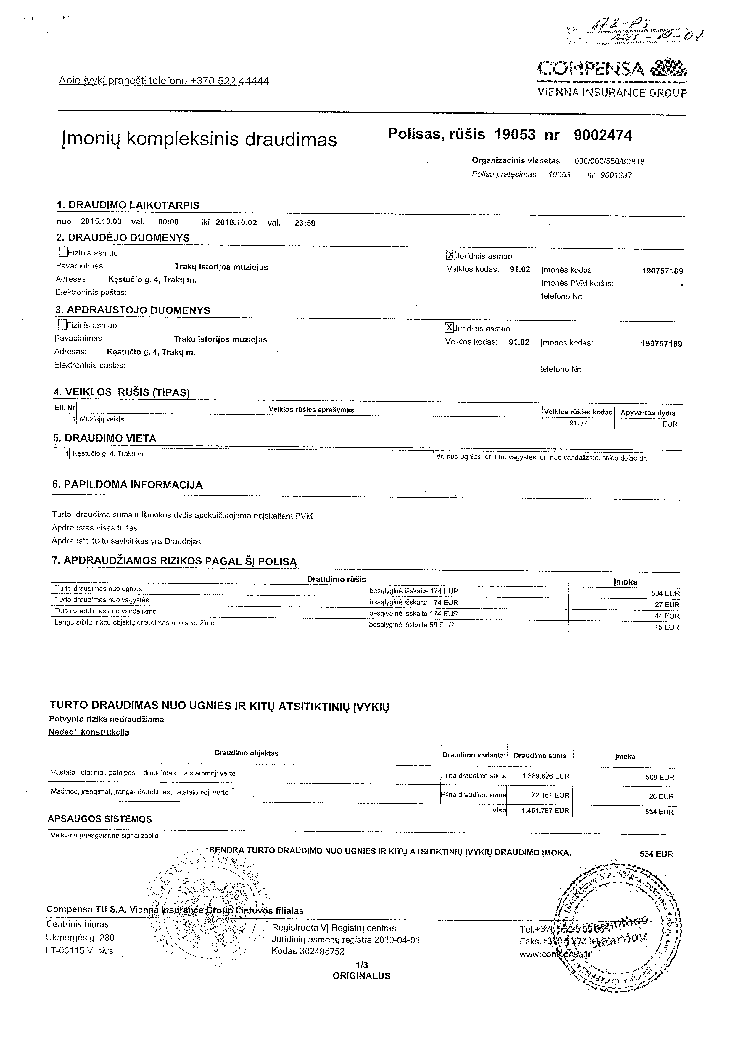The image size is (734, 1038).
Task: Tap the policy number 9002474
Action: pos(603,135)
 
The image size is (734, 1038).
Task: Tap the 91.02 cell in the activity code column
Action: pos(578,423)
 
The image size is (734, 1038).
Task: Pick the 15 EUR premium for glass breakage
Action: pos(667,627)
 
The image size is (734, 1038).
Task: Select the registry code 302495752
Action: pos(321,951)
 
